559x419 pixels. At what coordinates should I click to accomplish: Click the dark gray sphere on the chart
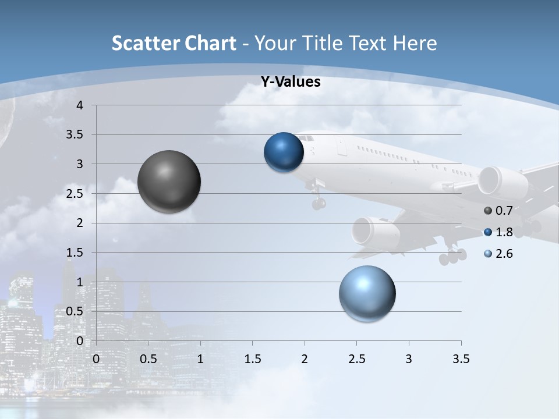click(x=169, y=182)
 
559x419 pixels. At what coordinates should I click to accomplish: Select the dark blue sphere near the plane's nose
click(x=284, y=152)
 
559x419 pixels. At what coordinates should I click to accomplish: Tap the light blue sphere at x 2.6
click(x=367, y=293)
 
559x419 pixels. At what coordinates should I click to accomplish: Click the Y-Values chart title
click(x=291, y=82)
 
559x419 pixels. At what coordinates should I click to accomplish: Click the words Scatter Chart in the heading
click(x=174, y=43)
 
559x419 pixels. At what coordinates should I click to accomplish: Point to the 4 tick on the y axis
click(x=80, y=105)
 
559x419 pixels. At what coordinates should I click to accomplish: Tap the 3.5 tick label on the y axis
click(x=76, y=135)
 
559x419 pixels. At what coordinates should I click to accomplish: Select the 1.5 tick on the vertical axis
click(x=76, y=253)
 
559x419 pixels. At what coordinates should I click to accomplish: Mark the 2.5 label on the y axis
click(x=76, y=194)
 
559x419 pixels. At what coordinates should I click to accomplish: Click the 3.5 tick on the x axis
click(x=461, y=359)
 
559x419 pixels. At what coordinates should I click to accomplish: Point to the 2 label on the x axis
click(x=305, y=359)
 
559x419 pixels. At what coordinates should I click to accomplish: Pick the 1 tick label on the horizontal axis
click(x=200, y=359)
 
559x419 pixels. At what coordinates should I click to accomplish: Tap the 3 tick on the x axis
click(x=409, y=359)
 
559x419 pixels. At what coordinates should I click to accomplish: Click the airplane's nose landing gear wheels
click(x=319, y=203)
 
